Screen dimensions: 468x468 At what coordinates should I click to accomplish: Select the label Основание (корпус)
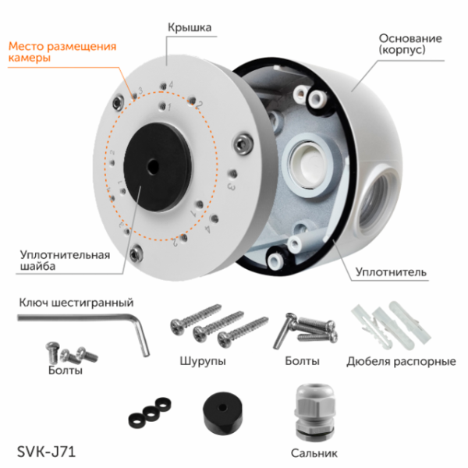click(410, 44)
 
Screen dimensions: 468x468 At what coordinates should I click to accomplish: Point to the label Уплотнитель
click(390, 272)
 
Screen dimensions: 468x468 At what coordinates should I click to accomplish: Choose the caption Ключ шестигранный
click(76, 302)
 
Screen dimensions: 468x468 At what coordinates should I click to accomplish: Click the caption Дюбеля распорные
click(401, 361)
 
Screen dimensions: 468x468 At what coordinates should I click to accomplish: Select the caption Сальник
click(316, 452)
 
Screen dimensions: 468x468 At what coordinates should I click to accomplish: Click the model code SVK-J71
click(46, 450)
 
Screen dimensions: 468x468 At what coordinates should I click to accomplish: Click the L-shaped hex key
click(86, 321)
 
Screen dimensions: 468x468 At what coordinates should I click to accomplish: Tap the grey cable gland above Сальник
click(315, 409)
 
